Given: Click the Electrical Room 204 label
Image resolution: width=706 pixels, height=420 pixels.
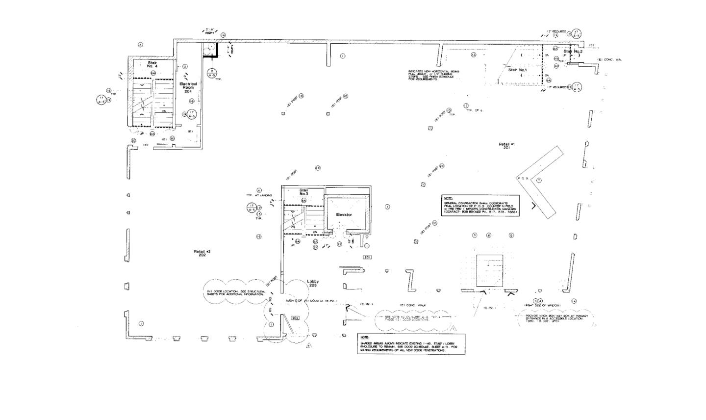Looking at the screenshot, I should pos(188,87).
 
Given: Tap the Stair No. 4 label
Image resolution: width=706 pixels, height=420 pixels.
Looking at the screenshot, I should pos(152,64).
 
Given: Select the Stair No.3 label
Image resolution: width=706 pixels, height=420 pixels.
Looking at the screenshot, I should pos(304,192).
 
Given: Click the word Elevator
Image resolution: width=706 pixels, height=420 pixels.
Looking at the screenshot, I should pos(344,215).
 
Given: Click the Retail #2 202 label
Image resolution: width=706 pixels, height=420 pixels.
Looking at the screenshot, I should pos(202,253).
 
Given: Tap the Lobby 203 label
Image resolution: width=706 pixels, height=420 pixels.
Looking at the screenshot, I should pos(313,283).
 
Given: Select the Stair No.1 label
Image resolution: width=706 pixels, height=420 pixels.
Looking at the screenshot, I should pos(517,70).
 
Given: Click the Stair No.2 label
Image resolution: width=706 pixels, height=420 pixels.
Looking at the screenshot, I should pos(573,52).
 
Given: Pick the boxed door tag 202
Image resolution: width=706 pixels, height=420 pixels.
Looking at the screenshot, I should pos(295,318).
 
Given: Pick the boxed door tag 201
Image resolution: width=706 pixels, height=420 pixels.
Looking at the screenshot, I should pos(367,257).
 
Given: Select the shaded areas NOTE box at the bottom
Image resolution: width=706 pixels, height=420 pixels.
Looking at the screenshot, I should pos(411,344).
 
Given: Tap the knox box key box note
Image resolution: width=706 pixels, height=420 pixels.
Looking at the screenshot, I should pos(556,318).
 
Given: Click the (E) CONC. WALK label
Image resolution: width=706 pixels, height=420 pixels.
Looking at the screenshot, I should pos(413,305).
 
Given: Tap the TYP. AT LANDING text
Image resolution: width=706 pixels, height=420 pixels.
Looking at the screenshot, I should pos(259,195).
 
